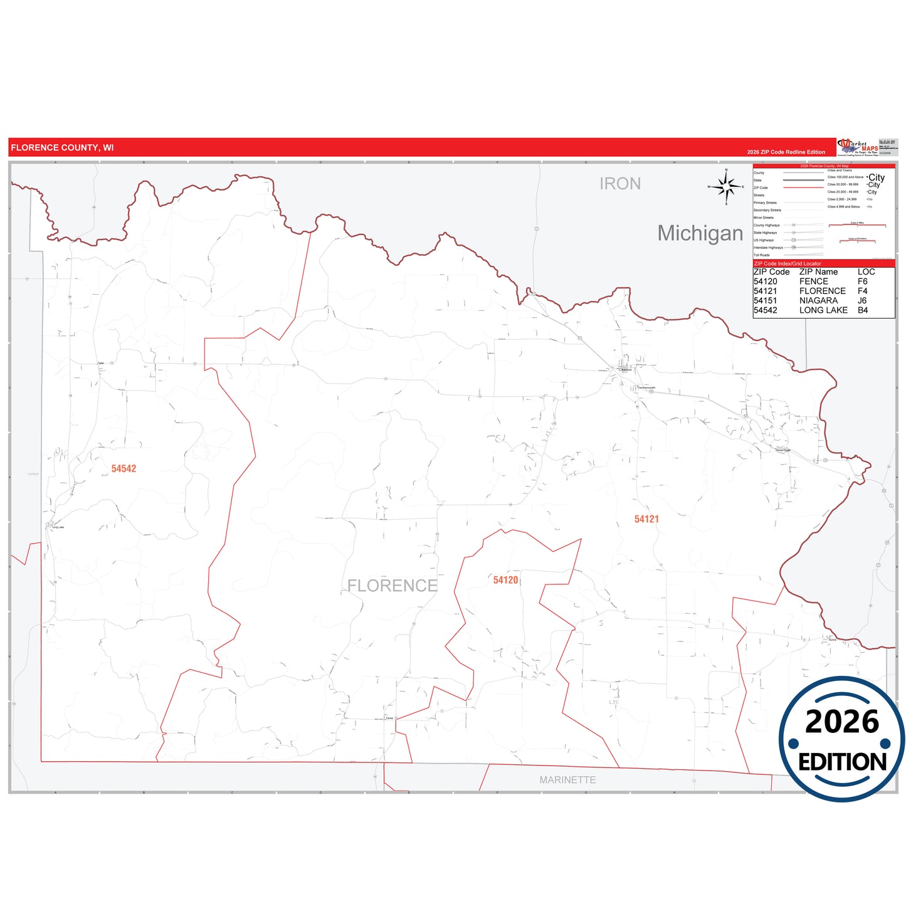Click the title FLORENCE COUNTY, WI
click(x=62, y=148)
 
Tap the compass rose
click(x=726, y=186)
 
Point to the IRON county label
click(x=620, y=184)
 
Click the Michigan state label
click(x=700, y=233)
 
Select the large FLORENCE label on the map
click(x=392, y=586)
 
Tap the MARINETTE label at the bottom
click(x=567, y=780)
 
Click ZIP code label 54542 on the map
click(x=124, y=468)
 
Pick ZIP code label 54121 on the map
click(x=646, y=519)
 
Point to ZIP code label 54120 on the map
click(x=505, y=580)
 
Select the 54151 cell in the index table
click(x=765, y=301)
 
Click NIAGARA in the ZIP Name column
click(x=818, y=301)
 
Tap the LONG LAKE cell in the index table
click(x=823, y=310)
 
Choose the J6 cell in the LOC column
click(x=862, y=301)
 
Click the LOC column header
click(x=866, y=272)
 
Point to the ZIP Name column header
click(x=818, y=272)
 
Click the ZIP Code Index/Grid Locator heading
click(x=787, y=264)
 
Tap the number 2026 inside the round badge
click(x=842, y=722)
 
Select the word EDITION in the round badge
click(x=842, y=762)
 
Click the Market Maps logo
click(x=858, y=147)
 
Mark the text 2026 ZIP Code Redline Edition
click(x=786, y=152)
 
